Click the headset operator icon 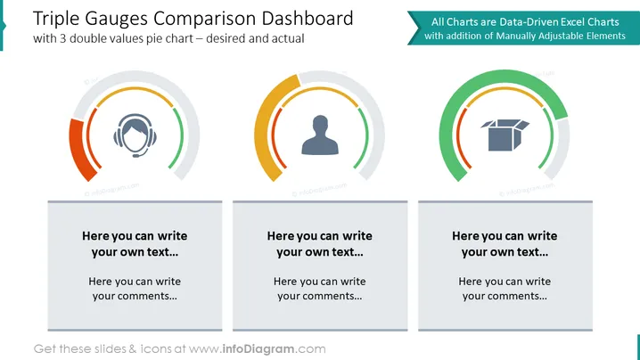pos(135,135)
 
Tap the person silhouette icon pos(320,135)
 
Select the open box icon pos(505,135)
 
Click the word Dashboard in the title pos(308,19)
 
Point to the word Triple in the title pos(56,20)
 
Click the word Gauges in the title pos(117,20)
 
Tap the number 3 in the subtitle pos(63,39)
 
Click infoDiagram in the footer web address pos(258,349)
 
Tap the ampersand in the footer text pos(133,349)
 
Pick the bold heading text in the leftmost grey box pos(135,243)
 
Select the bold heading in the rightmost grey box pos(505,243)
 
